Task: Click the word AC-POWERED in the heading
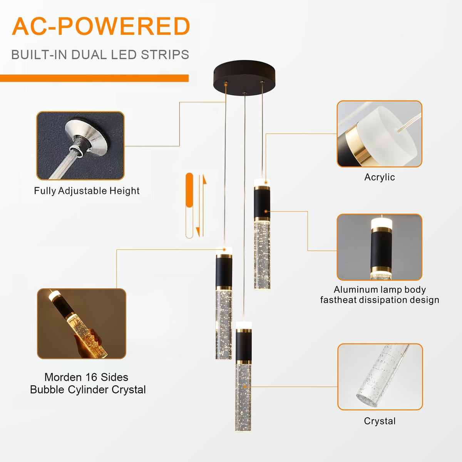101,26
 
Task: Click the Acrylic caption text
380,177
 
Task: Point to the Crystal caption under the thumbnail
380,421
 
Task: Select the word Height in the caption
124,191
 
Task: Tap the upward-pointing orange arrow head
204,179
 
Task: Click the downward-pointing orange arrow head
198,232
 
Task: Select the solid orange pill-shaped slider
189,190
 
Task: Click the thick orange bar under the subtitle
94,78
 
